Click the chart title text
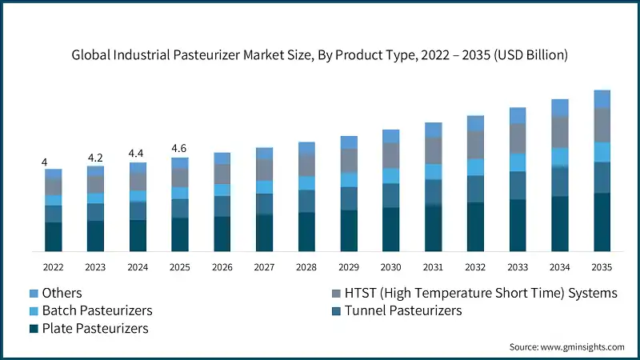click(x=320, y=55)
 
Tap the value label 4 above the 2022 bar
click(x=45, y=162)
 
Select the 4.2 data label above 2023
click(x=95, y=158)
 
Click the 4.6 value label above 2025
click(x=180, y=149)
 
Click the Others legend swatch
click(x=34, y=293)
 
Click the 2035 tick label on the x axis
click(x=602, y=266)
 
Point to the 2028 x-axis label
click(x=306, y=266)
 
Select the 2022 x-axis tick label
click(x=53, y=266)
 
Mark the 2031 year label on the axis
click(x=433, y=266)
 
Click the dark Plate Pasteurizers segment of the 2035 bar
click(x=602, y=222)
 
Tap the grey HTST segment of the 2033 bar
click(x=518, y=138)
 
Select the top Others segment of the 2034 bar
click(x=560, y=108)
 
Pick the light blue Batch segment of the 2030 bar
click(x=391, y=175)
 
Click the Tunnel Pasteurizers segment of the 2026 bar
click(x=222, y=206)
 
